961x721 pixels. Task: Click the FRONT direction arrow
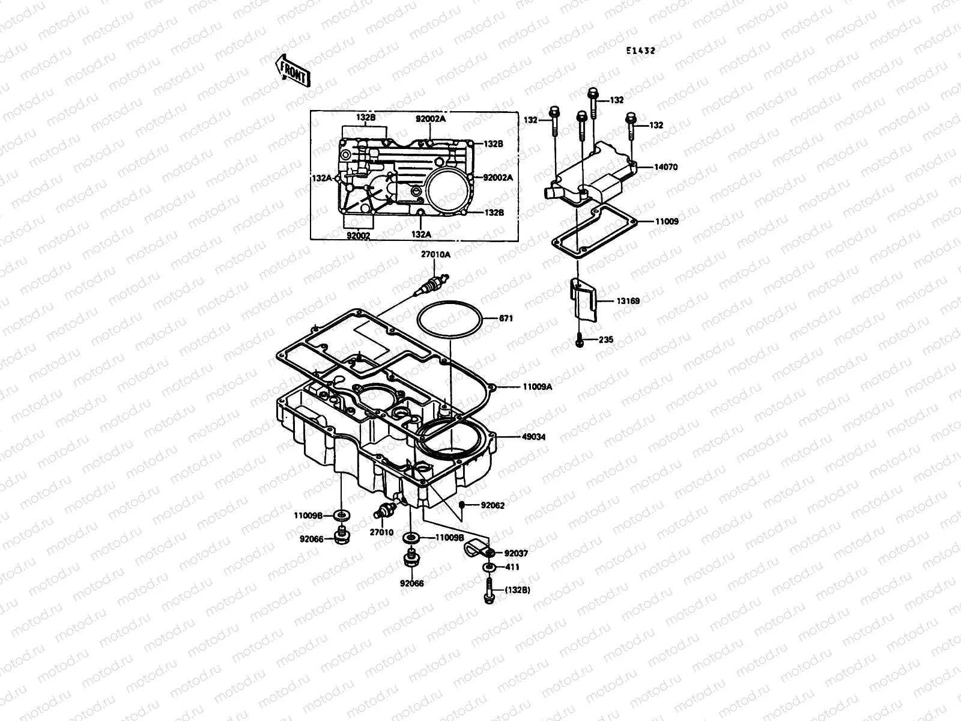293,71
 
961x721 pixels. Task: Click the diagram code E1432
640,51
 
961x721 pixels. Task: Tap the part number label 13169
627,301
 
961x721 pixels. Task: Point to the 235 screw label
606,340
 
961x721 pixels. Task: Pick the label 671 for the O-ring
506,318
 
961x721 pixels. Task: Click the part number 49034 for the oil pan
533,437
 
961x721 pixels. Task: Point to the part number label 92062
493,505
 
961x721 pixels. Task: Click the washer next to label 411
490,567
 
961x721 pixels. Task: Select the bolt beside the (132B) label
489,590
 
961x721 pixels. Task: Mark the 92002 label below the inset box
358,236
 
